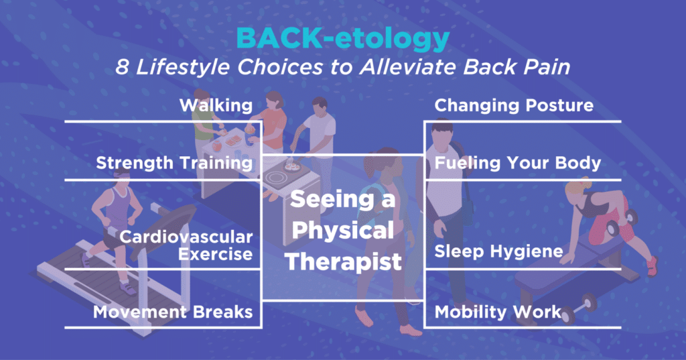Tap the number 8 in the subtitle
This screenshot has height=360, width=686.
tap(122, 67)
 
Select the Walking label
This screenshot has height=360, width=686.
tap(216, 105)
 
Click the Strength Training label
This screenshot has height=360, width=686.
tap(174, 163)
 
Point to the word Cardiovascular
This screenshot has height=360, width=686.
tap(186, 237)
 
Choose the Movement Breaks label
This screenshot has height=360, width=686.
tap(173, 312)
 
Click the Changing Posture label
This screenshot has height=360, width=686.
tap(514, 105)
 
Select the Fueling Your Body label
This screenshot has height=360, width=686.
tap(518, 163)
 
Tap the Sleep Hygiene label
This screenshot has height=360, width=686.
tap(498, 251)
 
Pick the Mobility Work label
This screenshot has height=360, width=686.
tap(498, 312)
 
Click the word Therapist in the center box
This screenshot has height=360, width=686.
tap(343, 262)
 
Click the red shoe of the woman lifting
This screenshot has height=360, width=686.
tap(653, 266)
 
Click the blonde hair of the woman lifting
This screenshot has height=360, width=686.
tap(577, 188)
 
